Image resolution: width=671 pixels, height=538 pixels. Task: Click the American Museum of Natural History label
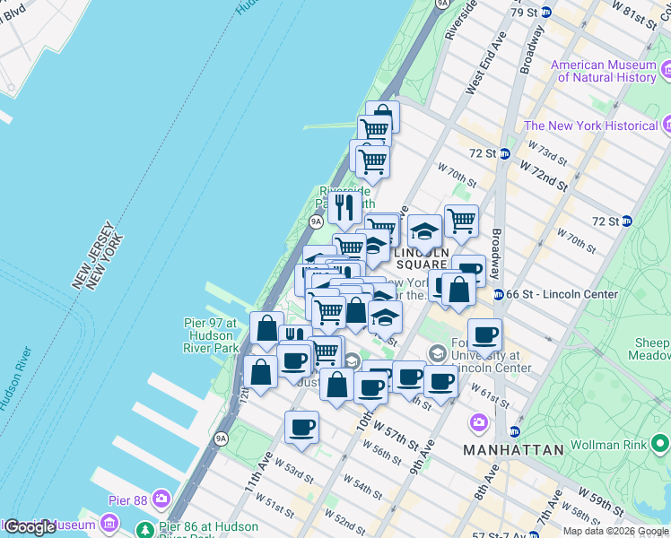pos(604,71)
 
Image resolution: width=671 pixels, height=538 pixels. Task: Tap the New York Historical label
pos(592,126)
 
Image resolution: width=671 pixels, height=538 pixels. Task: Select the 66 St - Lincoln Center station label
pos(562,294)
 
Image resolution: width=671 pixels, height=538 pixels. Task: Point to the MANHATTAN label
pos(513,449)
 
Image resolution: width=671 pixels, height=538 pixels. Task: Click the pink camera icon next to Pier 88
pos(161,498)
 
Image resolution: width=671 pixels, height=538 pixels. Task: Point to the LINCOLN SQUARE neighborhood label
pos(422,258)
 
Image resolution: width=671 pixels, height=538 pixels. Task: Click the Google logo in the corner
pos(30,526)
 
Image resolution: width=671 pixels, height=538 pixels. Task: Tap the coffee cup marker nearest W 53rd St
pos(301,428)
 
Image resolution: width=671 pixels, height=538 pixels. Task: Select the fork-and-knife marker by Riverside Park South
pos(344,208)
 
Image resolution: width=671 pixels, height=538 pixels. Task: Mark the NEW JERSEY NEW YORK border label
pos(96,256)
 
